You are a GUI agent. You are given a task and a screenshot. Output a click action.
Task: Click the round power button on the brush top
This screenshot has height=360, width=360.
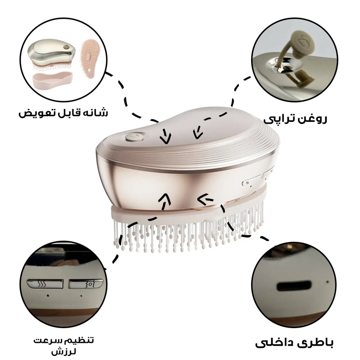point(134,137)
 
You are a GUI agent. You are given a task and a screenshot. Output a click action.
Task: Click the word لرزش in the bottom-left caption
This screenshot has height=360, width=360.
point(63,352)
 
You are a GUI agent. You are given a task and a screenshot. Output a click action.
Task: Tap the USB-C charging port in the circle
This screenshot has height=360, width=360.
point(294,286)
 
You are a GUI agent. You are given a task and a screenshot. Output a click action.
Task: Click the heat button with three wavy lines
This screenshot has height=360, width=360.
point(45,284)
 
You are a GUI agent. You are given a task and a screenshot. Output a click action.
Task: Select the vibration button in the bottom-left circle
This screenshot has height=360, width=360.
point(86,284)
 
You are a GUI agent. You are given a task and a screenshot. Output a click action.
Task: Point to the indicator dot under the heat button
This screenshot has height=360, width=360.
point(48,296)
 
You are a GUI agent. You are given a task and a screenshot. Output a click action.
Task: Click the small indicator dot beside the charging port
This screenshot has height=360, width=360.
point(328,282)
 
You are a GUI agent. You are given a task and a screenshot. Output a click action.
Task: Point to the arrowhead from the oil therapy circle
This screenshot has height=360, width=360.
point(198,134)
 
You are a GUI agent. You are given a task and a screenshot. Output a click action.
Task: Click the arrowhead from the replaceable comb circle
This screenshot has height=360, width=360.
point(166,138)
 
